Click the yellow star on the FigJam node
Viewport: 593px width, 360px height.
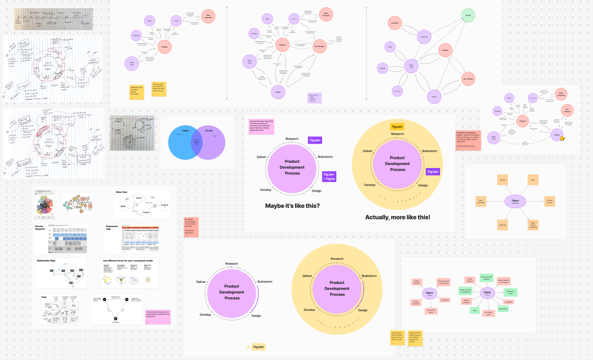click(x=562, y=138)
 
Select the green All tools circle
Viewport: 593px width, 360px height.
click(x=468, y=16)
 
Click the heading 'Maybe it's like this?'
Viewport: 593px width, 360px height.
click(x=292, y=206)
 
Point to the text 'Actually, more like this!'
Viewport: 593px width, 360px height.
click(x=398, y=217)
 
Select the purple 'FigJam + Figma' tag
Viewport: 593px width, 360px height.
click(x=329, y=176)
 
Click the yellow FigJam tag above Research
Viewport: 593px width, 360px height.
click(x=397, y=126)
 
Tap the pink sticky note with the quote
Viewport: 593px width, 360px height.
click(x=158, y=315)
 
